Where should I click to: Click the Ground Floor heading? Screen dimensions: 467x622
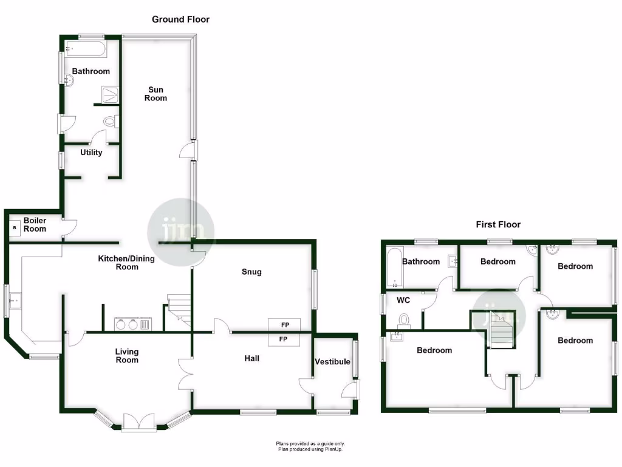pyautogui.click(x=180, y=19)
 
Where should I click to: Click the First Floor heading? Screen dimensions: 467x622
pyautogui.click(x=498, y=224)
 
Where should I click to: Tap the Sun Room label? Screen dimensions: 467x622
pyautogui.click(x=155, y=94)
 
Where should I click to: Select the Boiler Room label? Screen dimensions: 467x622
pyautogui.click(x=35, y=224)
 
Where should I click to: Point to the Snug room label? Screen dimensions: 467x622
pyautogui.click(x=251, y=272)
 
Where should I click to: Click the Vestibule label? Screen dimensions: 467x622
pyautogui.click(x=332, y=362)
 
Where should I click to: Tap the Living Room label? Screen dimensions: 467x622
pyautogui.click(x=127, y=356)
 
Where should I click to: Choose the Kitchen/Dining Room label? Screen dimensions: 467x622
pyautogui.click(x=126, y=263)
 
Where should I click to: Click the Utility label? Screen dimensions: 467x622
pyautogui.click(x=91, y=153)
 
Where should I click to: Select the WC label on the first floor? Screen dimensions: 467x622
pyautogui.click(x=403, y=300)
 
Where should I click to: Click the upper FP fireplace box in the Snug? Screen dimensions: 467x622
pyautogui.click(x=283, y=325)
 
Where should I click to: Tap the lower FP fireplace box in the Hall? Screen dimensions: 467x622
pyautogui.click(x=283, y=339)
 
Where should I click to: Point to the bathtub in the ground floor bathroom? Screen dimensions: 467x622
pyautogui.click(x=86, y=49)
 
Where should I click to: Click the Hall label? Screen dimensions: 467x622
pyautogui.click(x=251, y=359)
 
